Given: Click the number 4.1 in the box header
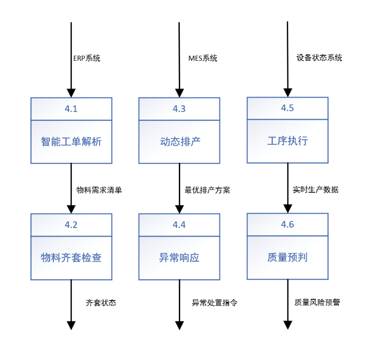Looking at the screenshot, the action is point(71,109).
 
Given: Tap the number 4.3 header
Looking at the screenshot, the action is point(179,109).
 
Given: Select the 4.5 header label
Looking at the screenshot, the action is point(287,109).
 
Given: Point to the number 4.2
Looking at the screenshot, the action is point(71,225).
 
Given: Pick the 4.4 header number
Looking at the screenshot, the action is point(179,225).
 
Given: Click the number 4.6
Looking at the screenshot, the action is point(287,225).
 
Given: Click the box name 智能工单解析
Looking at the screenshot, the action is point(71,142).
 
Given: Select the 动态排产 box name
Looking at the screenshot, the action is point(179,142).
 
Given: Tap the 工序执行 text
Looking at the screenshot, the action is point(287,142).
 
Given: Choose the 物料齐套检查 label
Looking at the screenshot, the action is point(71,257).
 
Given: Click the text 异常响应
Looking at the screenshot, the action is point(179,257).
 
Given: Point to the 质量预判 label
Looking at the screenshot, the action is point(287,257).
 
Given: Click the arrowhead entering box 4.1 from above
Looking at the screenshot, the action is point(71,92).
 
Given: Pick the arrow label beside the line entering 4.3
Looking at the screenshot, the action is point(203,58).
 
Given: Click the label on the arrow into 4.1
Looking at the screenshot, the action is point(87,58).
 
